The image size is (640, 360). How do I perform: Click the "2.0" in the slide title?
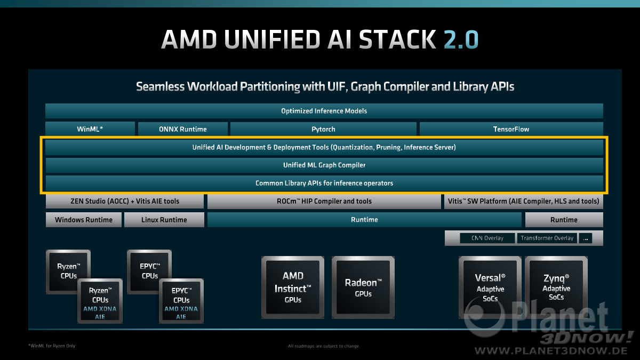tap(461, 39)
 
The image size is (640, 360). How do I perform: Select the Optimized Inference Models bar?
tap(324, 111)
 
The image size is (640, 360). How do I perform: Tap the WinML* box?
tap(90, 129)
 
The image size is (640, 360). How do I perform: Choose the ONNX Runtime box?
tap(183, 129)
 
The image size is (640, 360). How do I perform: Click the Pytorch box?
tap(323, 129)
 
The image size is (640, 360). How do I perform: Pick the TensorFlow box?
tap(511, 129)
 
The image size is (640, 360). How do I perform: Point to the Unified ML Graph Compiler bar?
tap(324, 165)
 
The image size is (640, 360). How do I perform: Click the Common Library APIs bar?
tap(324, 183)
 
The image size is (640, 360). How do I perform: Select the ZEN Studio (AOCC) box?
tap(125, 201)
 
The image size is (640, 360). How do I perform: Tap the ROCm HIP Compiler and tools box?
tap(324, 201)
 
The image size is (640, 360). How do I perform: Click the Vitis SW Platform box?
tap(523, 201)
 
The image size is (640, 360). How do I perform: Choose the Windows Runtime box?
tap(84, 220)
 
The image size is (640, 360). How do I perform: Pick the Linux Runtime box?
tap(164, 220)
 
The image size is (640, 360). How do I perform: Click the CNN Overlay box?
tap(487, 238)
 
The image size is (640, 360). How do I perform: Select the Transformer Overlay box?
tap(547, 238)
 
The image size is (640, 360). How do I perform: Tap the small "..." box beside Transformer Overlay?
tap(586, 238)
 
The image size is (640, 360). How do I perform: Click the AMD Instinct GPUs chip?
tap(293, 287)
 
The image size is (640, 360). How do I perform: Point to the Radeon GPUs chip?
tap(363, 287)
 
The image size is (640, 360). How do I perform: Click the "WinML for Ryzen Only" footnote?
tap(52, 346)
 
